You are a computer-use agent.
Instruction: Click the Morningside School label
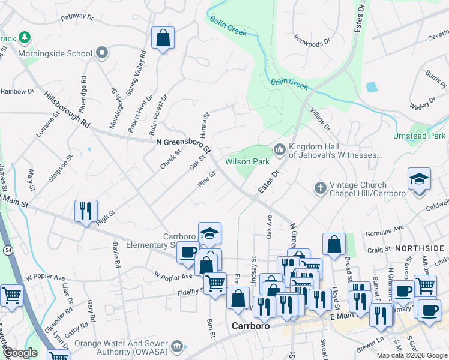tap(55, 53)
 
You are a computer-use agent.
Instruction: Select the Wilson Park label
tap(246, 161)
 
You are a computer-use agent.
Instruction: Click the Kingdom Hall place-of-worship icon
tap(279, 149)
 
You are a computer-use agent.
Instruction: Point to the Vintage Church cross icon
tap(320, 188)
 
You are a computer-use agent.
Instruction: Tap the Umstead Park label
tap(419, 136)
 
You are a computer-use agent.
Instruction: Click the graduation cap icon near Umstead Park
tap(419, 179)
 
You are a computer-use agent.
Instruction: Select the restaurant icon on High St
tap(85, 211)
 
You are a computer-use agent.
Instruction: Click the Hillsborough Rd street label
tap(67, 109)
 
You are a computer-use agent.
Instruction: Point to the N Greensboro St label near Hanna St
tap(183, 145)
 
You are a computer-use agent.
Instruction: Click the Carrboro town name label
tap(249, 326)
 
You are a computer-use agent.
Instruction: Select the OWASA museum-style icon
tap(176, 346)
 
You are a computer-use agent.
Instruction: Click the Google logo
tap(20, 353)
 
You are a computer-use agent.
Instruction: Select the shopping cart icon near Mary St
tap(11, 295)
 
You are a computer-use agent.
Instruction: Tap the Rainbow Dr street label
tap(17, 91)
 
